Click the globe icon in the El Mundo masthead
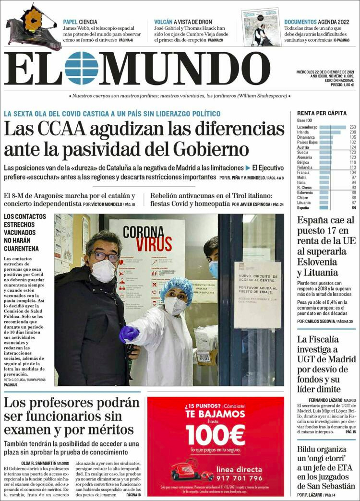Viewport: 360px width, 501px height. tap(82, 68)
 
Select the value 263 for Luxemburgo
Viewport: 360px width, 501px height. tap(352, 127)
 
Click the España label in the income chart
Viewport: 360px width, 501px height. tap(303, 208)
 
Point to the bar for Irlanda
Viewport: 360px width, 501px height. tap(330, 132)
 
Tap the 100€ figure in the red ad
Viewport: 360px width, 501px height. tap(216, 435)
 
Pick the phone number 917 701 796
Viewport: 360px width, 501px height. tap(240, 478)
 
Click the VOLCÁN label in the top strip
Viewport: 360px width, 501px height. tap(163, 22)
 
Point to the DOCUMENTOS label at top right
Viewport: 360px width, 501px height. tap(300, 22)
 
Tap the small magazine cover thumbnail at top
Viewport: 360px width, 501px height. tap(261, 28)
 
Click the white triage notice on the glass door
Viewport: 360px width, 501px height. tap(257, 294)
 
